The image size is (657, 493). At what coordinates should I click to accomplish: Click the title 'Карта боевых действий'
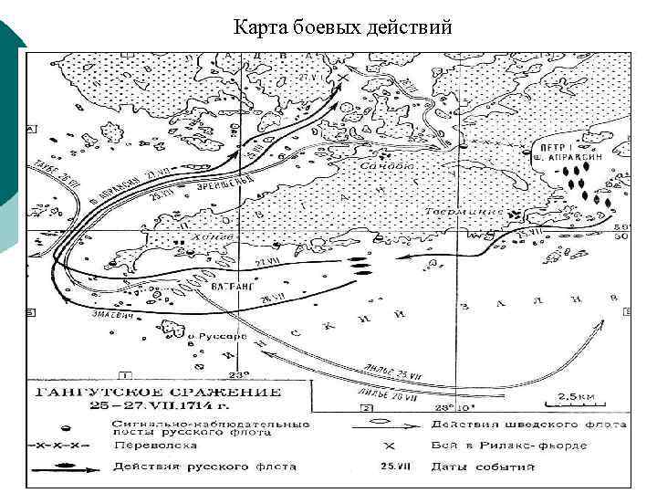342,27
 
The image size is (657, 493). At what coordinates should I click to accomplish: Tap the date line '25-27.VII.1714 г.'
136,407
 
